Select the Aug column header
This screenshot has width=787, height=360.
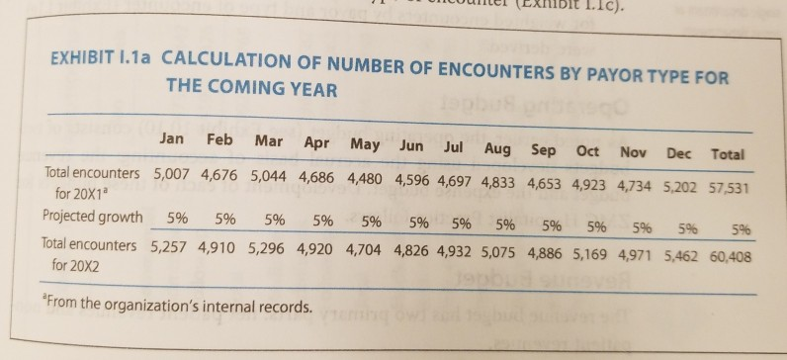(x=499, y=147)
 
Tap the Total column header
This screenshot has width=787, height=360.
(x=727, y=154)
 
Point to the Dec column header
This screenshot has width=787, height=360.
(x=678, y=152)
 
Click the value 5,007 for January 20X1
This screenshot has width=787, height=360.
(x=172, y=176)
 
